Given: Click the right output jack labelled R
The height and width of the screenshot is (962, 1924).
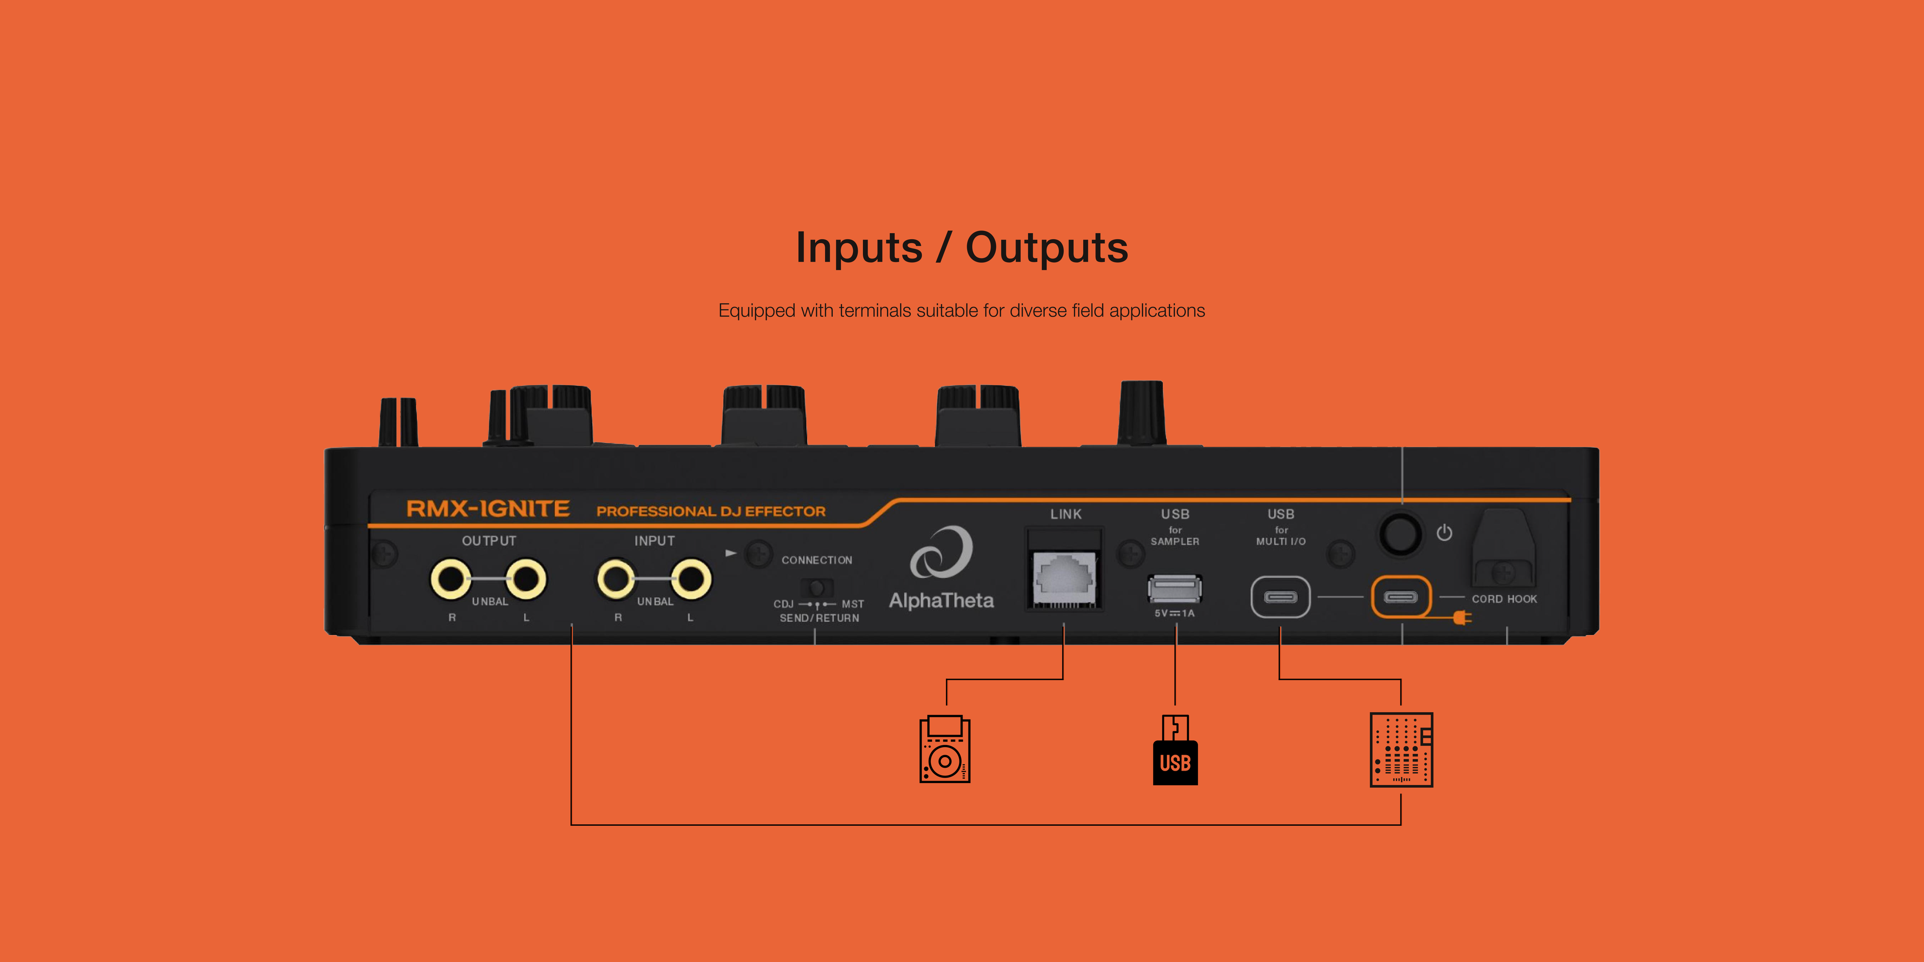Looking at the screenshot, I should click(450, 579).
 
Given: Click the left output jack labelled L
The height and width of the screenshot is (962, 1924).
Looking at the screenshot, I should click(526, 579).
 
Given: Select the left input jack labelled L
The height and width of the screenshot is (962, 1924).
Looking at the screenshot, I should click(691, 579).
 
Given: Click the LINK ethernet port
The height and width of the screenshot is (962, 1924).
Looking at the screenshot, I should click(1064, 577).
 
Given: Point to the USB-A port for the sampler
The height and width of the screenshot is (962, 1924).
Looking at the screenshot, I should click(1175, 589).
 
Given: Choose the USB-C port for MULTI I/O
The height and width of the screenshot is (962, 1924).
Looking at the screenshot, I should click(1280, 597).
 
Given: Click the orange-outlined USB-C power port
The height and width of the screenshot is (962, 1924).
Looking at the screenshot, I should click(1400, 597).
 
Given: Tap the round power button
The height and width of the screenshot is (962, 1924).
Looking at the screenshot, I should click(1400, 533).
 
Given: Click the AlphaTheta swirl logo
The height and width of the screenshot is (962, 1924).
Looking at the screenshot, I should click(941, 553).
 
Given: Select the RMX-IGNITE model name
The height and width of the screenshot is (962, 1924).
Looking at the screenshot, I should click(488, 510).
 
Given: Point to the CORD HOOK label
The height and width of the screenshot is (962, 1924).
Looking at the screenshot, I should click(1504, 599).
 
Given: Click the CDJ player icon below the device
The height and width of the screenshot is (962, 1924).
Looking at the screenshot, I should click(945, 749).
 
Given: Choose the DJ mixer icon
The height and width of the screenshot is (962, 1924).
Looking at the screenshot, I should click(1401, 749).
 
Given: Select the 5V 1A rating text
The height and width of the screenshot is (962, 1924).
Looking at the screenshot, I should click(1175, 613).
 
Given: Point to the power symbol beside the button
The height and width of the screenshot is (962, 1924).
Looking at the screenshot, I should click(1445, 533).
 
